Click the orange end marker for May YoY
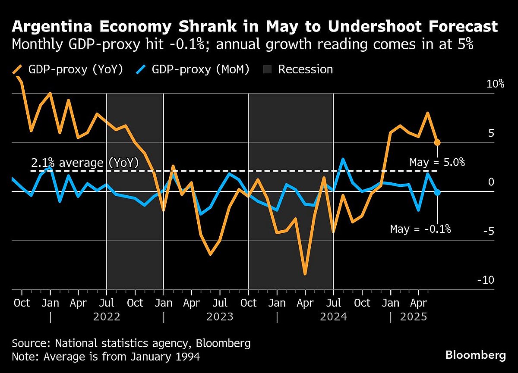437,142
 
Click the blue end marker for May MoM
437,192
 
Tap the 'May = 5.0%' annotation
437,163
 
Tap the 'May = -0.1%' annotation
420,229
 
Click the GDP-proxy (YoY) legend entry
69,69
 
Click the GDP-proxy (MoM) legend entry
193,69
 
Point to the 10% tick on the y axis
495,84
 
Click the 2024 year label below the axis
333,317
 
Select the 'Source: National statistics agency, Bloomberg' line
131,344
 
